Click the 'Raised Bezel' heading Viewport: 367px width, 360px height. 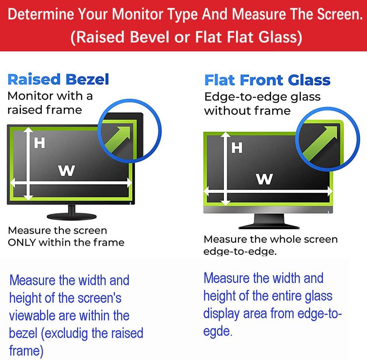click(x=58, y=79)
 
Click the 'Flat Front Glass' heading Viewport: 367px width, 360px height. click(x=267, y=80)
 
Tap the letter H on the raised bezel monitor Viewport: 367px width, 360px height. click(x=39, y=143)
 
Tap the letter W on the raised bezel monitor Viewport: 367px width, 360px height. click(x=66, y=170)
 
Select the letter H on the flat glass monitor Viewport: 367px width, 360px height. click(x=237, y=148)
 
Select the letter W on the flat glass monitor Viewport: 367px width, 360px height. click(x=264, y=179)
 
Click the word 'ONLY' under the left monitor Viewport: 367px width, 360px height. click(x=22, y=242)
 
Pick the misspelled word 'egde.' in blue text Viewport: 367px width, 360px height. click(x=217, y=331)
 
